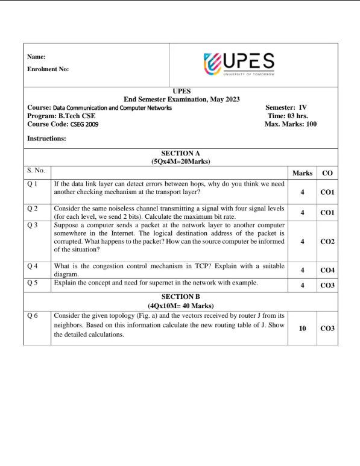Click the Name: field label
point(37,57)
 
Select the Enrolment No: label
point(48,69)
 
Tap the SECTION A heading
point(181,154)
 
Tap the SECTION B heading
point(181,297)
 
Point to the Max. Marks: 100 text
point(290,124)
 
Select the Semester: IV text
point(286,107)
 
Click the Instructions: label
point(47,139)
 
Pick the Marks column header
point(302,173)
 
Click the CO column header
point(327,173)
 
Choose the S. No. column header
point(37,171)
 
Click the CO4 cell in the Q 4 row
point(327,271)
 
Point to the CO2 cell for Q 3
point(327,241)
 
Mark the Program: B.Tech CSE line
point(62,116)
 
